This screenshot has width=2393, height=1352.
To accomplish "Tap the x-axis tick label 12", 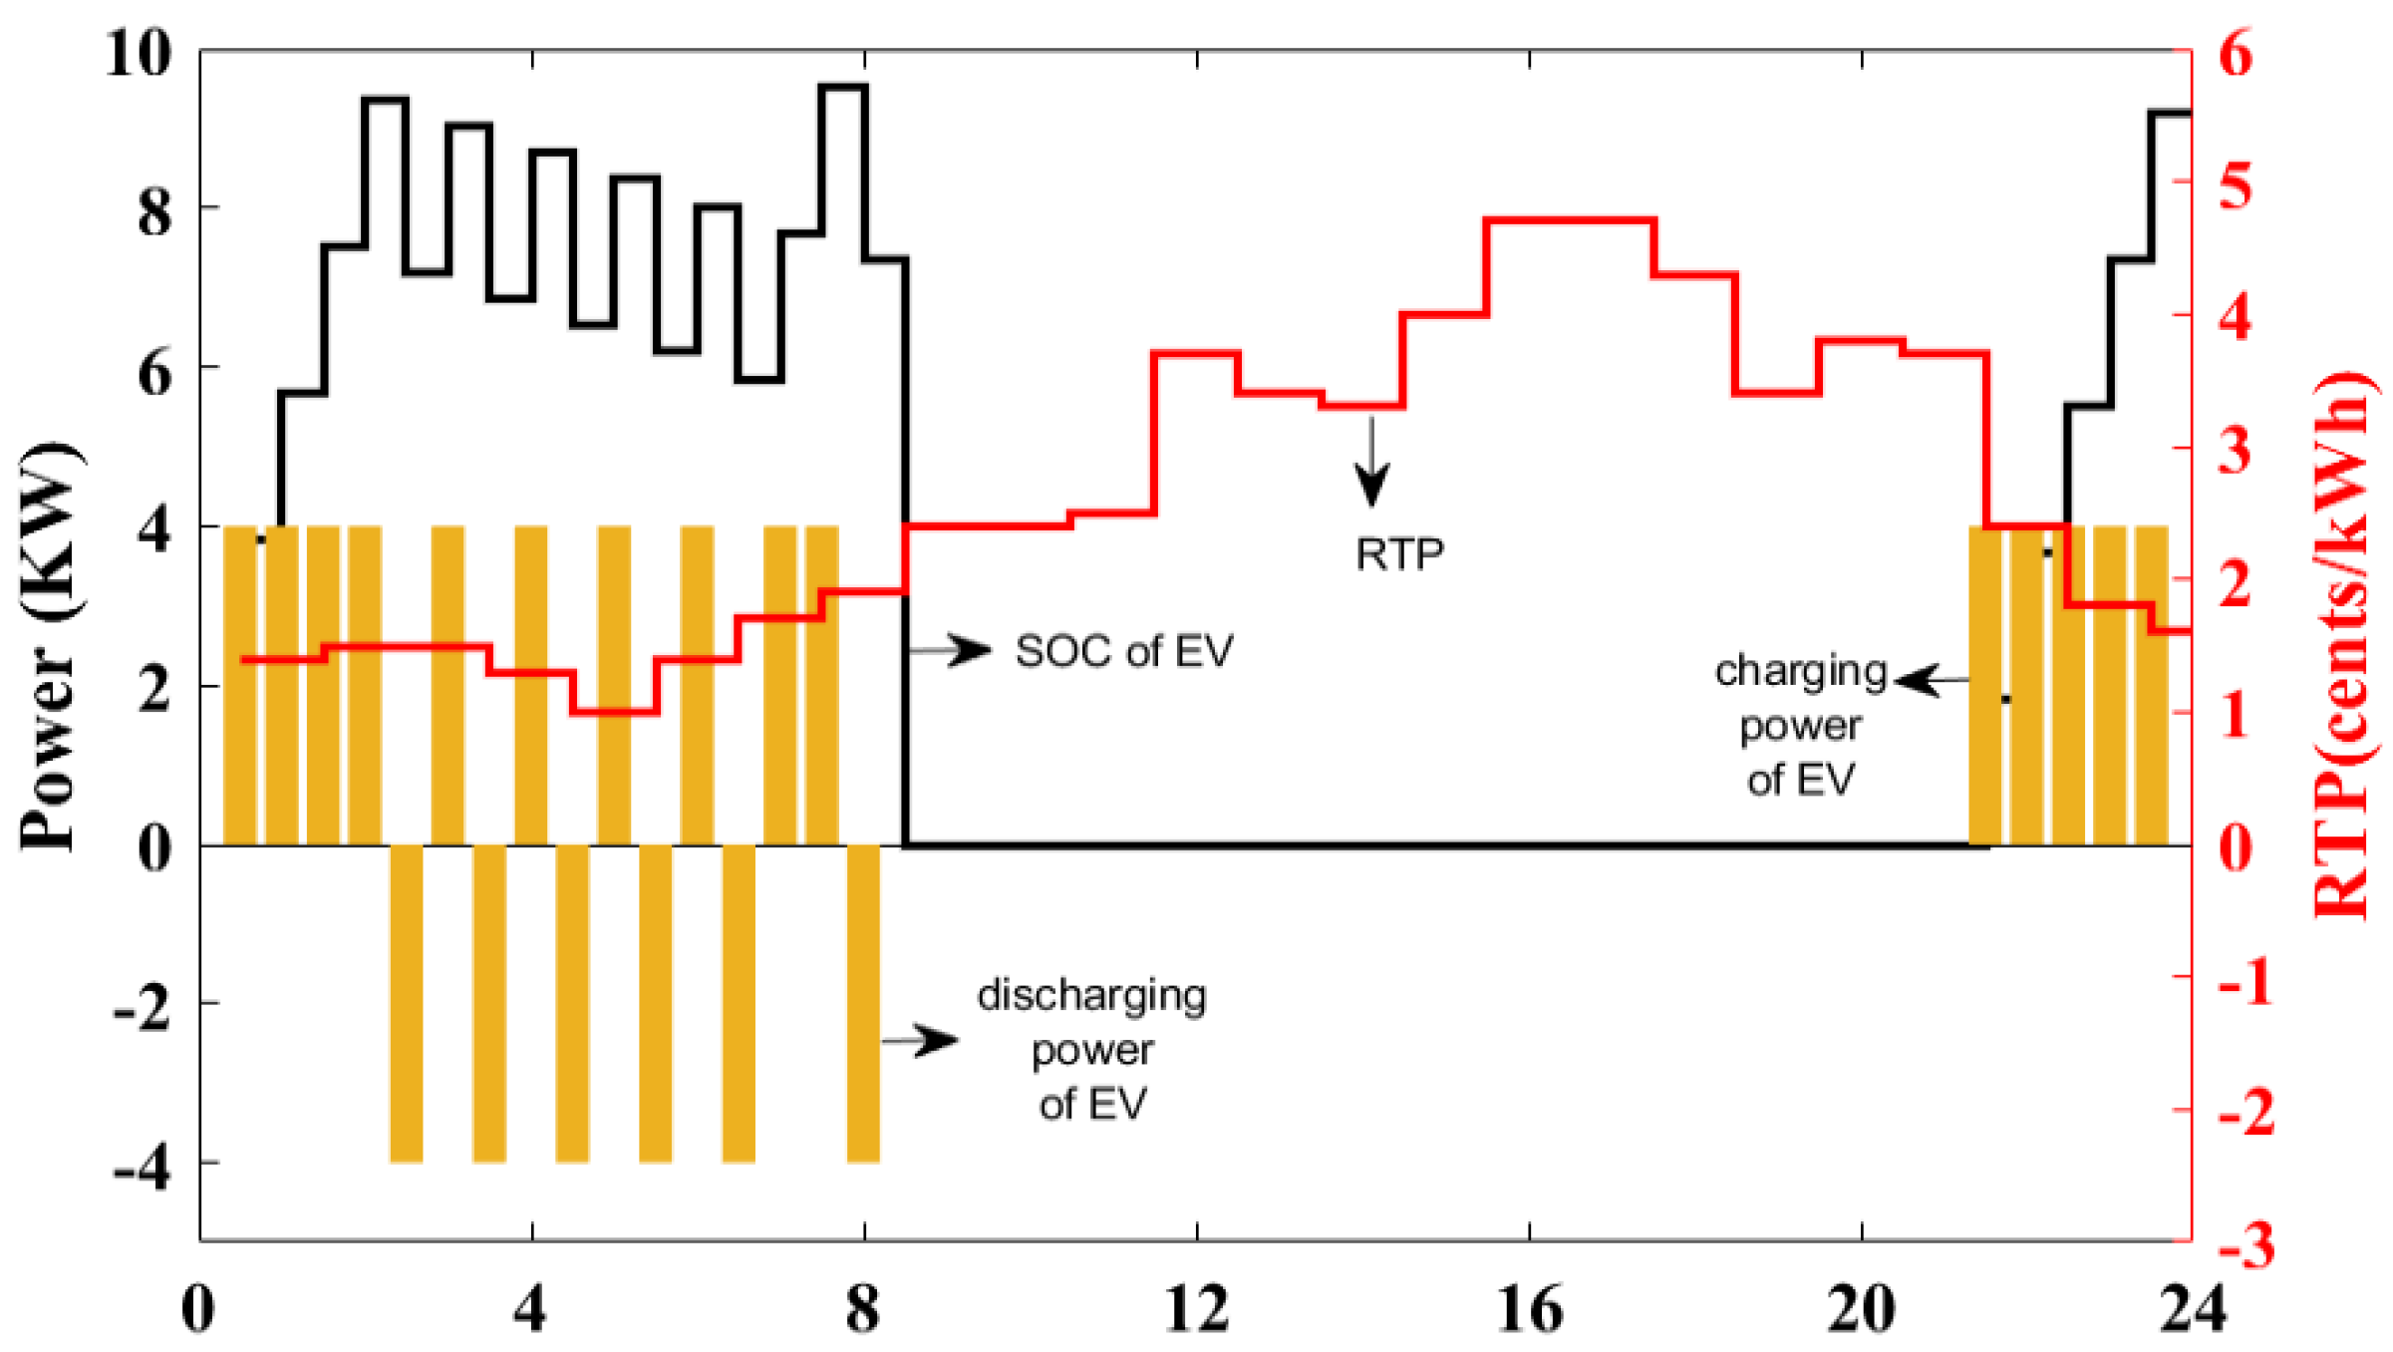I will click(1196, 1308).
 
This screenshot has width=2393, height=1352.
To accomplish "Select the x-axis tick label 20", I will click(1860, 1308).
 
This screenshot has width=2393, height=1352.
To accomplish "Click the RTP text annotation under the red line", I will click(1399, 554).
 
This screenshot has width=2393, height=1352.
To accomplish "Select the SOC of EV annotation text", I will click(1124, 651).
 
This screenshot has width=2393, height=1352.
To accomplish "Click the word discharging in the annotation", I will click(1091, 996).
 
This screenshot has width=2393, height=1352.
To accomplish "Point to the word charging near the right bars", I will click(1800, 671).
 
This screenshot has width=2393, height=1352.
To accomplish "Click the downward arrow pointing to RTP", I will click(1371, 463).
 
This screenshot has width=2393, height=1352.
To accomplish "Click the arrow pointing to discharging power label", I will click(922, 1041).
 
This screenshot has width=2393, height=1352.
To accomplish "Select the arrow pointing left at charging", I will click(1930, 681).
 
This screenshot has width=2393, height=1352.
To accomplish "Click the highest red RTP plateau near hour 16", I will click(1570, 219).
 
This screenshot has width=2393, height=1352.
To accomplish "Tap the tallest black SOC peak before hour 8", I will click(842, 87).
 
